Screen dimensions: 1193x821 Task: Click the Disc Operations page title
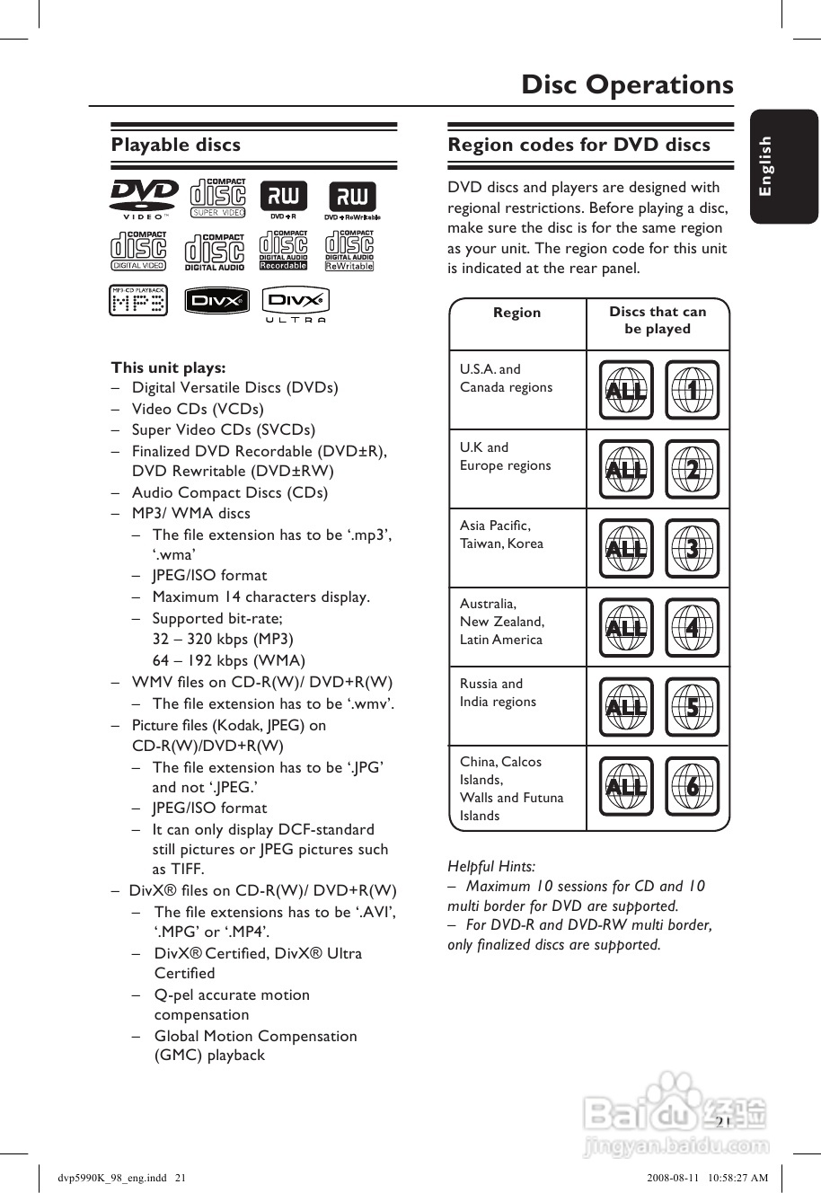pyautogui.click(x=627, y=84)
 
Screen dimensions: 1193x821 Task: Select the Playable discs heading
pyautogui.click(x=176, y=145)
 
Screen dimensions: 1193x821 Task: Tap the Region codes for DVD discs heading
pyautogui.click(x=578, y=145)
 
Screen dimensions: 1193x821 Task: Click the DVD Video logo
pyautogui.click(x=144, y=199)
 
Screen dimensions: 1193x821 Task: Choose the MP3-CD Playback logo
pyautogui.click(x=138, y=301)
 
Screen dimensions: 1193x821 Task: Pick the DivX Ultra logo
pyautogui.click(x=296, y=304)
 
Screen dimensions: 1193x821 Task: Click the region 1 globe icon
pyautogui.click(x=692, y=390)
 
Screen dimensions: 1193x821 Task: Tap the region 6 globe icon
pyautogui.click(x=692, y=787)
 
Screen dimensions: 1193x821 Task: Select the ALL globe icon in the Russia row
pyautogui.click(x=626, y=707)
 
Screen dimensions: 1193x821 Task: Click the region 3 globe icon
pyautogui.click(x=692, y=548)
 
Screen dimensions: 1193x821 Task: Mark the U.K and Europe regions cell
pyautogui.click(x=505, y=456)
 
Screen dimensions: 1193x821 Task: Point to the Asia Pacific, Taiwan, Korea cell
pyautogui.click(x=501, y=535)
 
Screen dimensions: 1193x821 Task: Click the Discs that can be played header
pyautogui.click(x=658, y=321)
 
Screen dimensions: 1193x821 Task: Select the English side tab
pyautogui.click(x=766, y=166)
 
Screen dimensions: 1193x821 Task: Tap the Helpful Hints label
pyautogui.click(x=491, y=867)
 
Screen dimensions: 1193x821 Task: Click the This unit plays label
pyautogui.click(x=168, y=367)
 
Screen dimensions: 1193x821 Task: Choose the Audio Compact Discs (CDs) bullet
pyautogui.click(x=230, y=492)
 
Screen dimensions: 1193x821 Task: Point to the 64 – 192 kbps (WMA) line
pyautogui.click(x=229, y=660)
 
